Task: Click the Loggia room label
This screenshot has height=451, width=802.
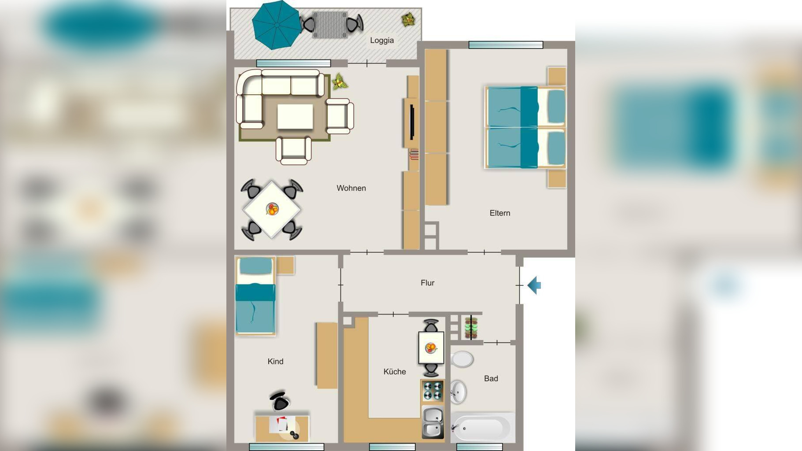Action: pyautogui.click(x=382, y=41)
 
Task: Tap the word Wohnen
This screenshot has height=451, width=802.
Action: pyautogui.click(x=351, y=188)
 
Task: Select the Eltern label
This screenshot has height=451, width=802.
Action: pyautogui.click(x=500, y=213)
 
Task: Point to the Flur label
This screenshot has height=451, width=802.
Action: pyautogui.click(x=427, y=283)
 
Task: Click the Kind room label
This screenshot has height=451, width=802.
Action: pyautogui.click(x=275, y=362)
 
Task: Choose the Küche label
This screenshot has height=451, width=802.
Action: pyautogui.click(x=395, y=372)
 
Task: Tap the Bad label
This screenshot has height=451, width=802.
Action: pyautogui.click(x=491, y=378)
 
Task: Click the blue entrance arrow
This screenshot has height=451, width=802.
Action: pyautogui.click(x=534, y=285)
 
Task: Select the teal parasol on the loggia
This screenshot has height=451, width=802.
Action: pyautogui.click(x=277, y=25)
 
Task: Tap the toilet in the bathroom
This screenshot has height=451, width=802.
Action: pyautogui.click(x=462, y=359)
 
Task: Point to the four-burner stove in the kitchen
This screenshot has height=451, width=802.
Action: pyautogui.click(x=432, y=391)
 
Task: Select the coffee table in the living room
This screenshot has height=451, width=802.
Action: pyautogui.click(x=295, y=117)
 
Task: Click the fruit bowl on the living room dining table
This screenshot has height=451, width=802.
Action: pyautogui.click(x=272, y=209)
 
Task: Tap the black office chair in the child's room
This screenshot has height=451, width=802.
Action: pyautogui.click(x=280, y=401)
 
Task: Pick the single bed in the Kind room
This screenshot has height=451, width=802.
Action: pyautogui.click(x=255, y=296)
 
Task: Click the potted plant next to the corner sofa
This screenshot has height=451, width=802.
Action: pyautogui.click(x=339, y=81)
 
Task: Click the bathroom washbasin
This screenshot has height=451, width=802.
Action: pyautogui.click(x=458, y=392)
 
